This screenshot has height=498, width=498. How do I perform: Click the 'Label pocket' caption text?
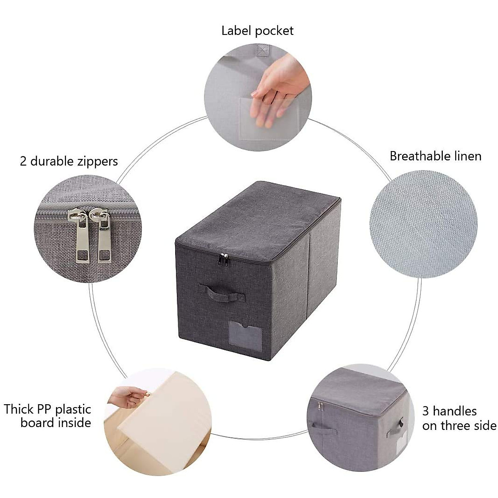[x=257, y=31]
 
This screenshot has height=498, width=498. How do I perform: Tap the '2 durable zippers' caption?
[x=69, y=161]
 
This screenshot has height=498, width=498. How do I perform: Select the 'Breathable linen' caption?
[x=435, y=156]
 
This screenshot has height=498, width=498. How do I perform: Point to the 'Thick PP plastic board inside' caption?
[x=48, y=416]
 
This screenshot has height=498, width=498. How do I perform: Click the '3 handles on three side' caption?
[x=459, y=418]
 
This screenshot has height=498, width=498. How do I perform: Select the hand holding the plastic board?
[x=129, y=397]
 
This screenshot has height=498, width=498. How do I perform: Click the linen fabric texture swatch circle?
[x=423, y=224]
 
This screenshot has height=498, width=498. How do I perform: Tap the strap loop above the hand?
[x=260, y=50]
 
